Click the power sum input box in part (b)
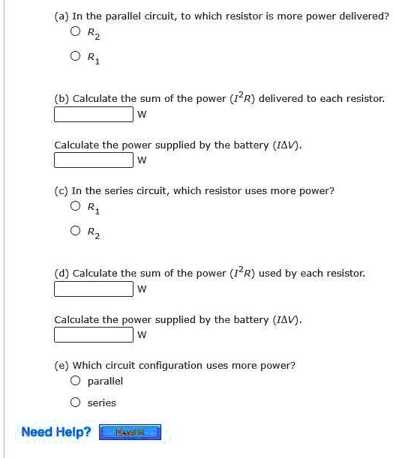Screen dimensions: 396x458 [93, 114]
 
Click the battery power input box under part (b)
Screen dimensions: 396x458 [93, 160]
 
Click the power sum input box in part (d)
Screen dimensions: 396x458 [93, 289]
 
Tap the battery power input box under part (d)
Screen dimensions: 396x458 [93, 334]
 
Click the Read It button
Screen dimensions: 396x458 [130, 432]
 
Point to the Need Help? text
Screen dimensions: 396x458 [56, 432]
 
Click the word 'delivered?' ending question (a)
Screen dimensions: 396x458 [364, 16]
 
